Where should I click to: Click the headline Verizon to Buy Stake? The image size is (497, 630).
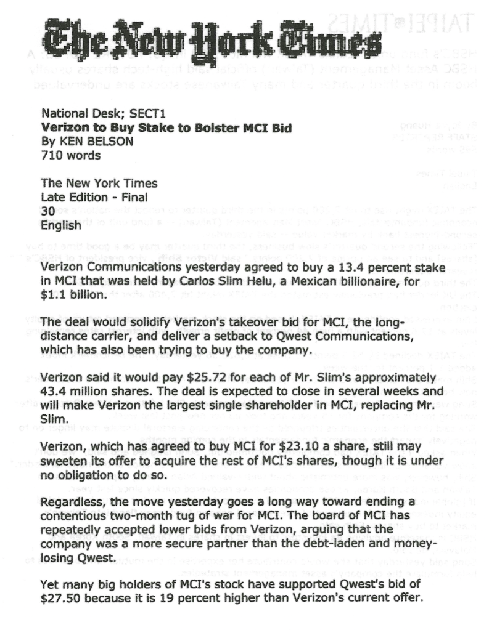pos(166,128)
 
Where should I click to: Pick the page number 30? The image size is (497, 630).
pos(48,211)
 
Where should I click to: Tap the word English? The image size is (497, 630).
pos(60,225)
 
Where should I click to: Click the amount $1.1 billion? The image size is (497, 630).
pos(74,294)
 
